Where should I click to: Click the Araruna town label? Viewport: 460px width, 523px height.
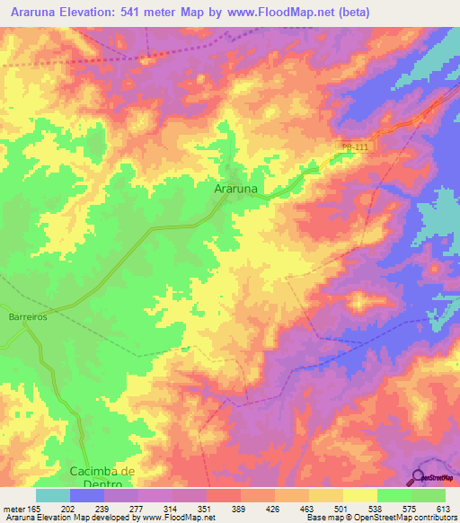239,190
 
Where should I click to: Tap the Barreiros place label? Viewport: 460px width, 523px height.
27,317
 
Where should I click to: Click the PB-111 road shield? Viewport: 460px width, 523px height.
356,146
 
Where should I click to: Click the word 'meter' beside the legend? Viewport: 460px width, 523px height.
14,509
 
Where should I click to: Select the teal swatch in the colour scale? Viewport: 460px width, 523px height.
53,495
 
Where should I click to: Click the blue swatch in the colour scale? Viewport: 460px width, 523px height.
87,495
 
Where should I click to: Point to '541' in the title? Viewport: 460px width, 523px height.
146,13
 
